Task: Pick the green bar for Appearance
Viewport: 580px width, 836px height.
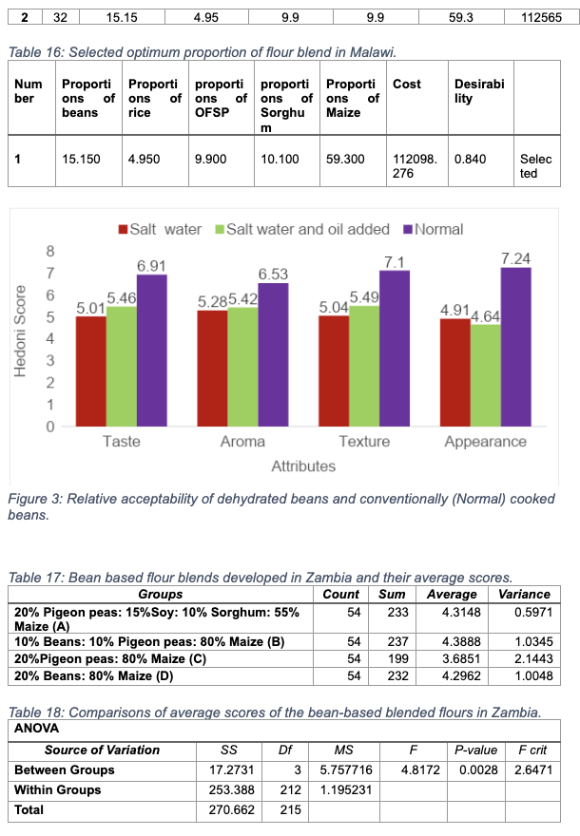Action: tap(485, 375)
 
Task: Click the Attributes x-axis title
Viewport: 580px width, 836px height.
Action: tap(303, 466)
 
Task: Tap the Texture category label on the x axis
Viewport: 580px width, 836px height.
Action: tap(364, 442)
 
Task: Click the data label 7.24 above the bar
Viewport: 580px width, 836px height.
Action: tap(516, 258)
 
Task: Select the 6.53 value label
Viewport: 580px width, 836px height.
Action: tap(273, 274)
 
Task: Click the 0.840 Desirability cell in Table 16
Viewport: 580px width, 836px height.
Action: tap(470, 160)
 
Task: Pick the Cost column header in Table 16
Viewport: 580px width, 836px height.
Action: tap(407, 84)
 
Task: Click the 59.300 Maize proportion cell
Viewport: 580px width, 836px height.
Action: tap(343, 160)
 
